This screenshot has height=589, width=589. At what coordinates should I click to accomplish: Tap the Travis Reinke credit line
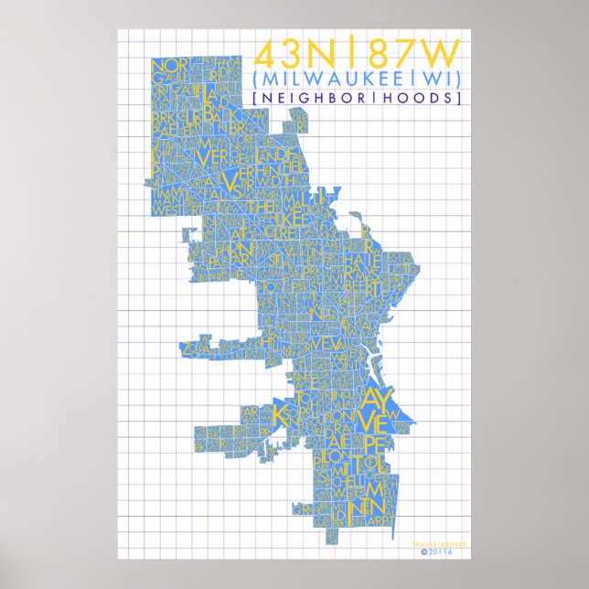point(442,544)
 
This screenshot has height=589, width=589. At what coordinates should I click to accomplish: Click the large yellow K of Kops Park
point(281,412)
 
